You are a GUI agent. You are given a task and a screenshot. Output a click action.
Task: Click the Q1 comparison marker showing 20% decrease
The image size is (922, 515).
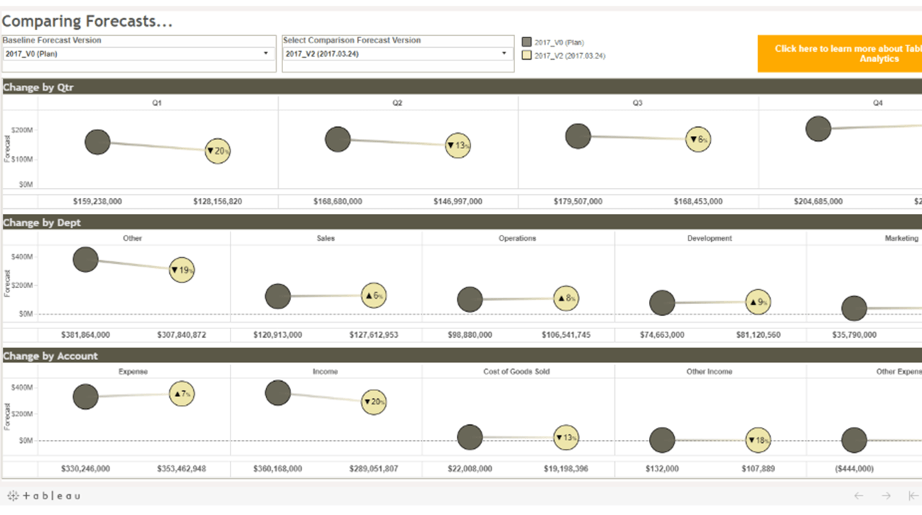(218, 151)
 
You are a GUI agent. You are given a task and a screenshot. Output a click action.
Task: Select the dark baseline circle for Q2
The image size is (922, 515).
(338, 139)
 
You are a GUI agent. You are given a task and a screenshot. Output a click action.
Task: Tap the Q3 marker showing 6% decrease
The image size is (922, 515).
(698, 139)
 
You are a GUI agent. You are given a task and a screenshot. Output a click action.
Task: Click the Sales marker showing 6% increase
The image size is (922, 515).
(374, 295)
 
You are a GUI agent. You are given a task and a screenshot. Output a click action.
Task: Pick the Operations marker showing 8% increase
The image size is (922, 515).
(566, 298)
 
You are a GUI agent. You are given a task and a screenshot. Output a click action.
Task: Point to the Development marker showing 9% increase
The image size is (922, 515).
(758, 303)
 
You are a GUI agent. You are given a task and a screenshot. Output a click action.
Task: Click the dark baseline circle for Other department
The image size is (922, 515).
(86, 259)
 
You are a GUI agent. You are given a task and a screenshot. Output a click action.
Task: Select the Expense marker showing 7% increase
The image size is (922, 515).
(182, 393)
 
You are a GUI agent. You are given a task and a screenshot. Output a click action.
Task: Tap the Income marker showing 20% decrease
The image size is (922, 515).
(374, 401)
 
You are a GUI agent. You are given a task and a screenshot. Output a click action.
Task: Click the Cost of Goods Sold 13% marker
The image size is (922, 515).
(566, 437)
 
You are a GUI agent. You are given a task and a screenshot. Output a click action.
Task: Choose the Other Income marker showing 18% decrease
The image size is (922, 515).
(758, 439)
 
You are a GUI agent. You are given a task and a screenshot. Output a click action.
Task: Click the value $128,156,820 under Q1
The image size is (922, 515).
(218, 202)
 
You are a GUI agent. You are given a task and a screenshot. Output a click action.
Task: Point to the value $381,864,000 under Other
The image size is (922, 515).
(86, 335)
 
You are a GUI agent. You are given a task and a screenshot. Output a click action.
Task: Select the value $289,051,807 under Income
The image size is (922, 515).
(374, 468)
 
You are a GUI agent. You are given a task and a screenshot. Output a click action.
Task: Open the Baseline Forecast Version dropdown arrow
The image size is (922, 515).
(266, 53)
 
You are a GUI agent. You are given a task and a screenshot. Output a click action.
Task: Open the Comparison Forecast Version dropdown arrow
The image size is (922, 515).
(504, 53)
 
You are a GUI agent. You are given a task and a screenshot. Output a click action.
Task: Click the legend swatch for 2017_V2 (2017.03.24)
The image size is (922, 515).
(527, 55)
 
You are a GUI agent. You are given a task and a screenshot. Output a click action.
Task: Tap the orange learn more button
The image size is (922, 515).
(839, 53)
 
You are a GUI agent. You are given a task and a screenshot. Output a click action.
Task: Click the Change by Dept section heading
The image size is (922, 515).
(42, 223)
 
